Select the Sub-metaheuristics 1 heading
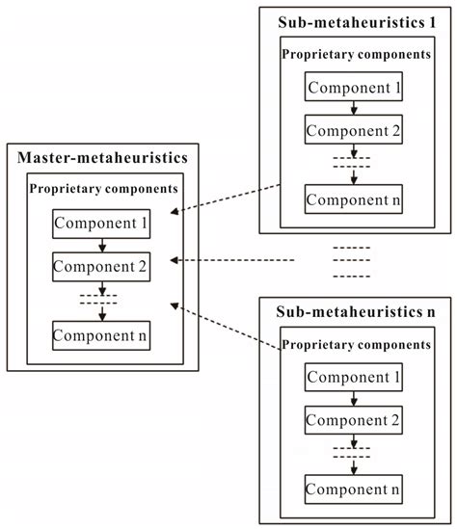(x=356, y=21)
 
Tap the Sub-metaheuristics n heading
(x=356, y=313)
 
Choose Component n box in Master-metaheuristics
(x=101, y=335)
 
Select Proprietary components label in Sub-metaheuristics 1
(x=356, y=55)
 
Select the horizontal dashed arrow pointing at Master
(x=231, y=260)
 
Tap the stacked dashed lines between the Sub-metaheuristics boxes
(x=351, y=260)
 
